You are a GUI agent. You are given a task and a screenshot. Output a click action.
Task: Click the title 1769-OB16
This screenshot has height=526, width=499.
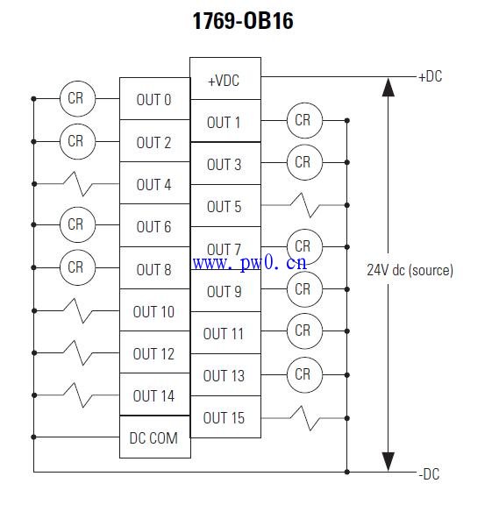[x=243, y=21]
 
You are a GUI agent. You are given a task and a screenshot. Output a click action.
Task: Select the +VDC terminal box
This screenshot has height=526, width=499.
[x=225, y=79]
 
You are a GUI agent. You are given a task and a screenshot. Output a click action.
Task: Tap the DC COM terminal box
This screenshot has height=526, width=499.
[x=155, y=437]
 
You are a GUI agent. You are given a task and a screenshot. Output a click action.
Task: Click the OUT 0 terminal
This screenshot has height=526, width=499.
[x=155, y=98]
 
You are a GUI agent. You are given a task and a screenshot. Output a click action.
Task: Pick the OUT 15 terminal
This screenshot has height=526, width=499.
[x=225, y=417]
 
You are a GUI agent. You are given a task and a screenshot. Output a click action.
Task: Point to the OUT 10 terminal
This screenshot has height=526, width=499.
[x=155, y=310]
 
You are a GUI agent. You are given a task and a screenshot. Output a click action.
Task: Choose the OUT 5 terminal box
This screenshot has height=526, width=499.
[x=225, y=206]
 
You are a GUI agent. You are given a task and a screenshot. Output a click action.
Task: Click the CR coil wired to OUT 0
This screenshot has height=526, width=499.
[x=77, y=98]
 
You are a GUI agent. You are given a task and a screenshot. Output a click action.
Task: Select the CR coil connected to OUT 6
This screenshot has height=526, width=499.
[x=77, y=224]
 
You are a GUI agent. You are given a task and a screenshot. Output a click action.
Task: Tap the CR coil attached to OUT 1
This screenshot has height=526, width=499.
[x=304, y=120]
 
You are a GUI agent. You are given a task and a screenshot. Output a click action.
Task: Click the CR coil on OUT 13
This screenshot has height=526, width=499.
[x=304, y=375]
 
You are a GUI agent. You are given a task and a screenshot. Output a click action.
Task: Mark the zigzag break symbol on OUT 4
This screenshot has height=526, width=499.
[x=78, y=184]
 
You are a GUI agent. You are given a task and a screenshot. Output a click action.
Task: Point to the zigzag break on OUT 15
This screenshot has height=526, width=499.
[x=305, y=418]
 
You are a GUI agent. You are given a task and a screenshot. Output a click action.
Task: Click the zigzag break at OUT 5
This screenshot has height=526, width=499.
[x=305, y=205]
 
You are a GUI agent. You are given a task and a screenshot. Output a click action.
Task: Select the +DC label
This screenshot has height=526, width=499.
[x=431, y=76]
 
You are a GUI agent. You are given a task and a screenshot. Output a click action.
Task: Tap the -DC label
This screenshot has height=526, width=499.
[x=429, y=474]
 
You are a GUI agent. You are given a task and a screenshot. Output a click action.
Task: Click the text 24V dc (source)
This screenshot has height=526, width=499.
[x=410, y=270]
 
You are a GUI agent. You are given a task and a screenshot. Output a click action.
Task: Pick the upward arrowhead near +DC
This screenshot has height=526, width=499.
[x=389, y=87]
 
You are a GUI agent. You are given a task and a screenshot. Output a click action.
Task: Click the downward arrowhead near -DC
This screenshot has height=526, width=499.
[x=389, y=462]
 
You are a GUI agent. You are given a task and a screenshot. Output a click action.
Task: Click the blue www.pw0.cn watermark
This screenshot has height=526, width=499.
[x=250, y=263]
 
